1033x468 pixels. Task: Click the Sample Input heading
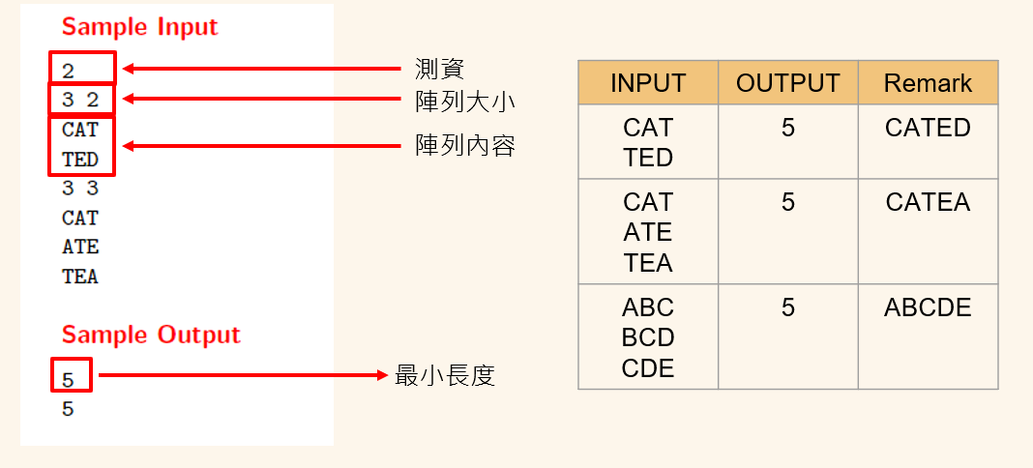pos(139,27)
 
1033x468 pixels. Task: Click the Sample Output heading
pos(151,335)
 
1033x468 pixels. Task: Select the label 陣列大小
pos(465,102)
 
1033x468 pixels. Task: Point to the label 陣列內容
pos(465,146)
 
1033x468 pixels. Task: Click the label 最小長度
pos(445,376)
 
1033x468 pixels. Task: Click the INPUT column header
pos(648,83)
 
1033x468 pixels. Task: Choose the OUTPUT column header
pos(788,83)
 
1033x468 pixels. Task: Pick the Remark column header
pos(928,83)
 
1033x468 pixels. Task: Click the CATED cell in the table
pos(928,128)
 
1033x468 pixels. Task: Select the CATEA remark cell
pos(928,202)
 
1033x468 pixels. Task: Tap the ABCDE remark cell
pos(928,307)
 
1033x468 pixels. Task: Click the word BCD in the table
pos(648,337)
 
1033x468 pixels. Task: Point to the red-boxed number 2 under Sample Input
pos(68,70)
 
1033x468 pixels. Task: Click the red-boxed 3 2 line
pos(80,100)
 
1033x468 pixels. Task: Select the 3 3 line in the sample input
pos(80,189)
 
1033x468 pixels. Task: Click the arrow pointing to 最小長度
pos(243,375)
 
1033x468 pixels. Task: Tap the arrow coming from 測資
pos(262,69)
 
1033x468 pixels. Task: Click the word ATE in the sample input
pos(80,248)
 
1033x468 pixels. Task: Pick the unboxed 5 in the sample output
pos(68,410)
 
